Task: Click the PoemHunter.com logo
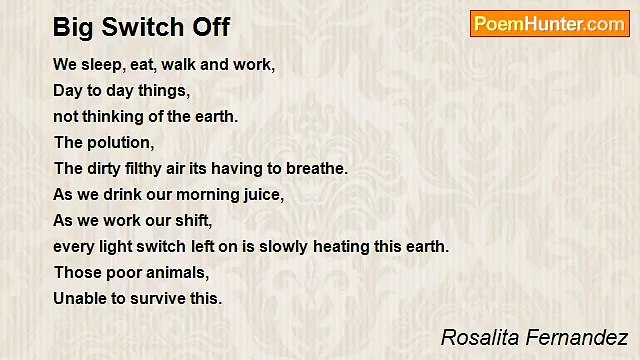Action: click(549, 24)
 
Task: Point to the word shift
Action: click(225, 221)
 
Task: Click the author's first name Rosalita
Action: click(475, 337)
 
